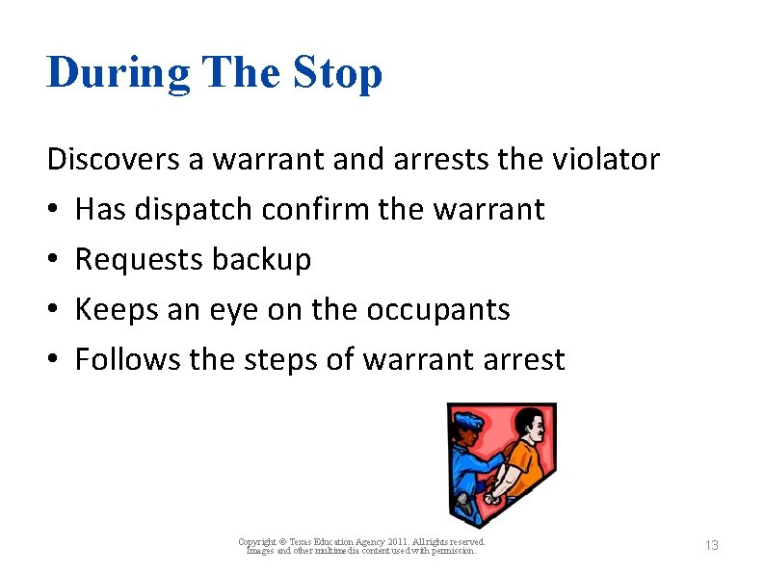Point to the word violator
[x=605, y=159]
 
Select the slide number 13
[x=711, y=546]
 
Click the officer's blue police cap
[x=468, y=421]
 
